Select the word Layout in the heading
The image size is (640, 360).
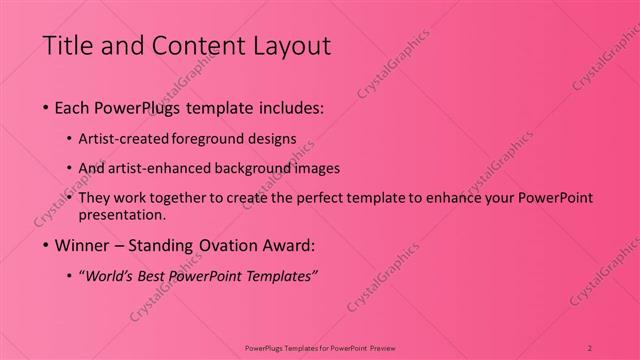click(291, 45)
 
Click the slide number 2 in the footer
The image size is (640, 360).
click(590, 347)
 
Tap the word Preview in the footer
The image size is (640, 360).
click(382, 347)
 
